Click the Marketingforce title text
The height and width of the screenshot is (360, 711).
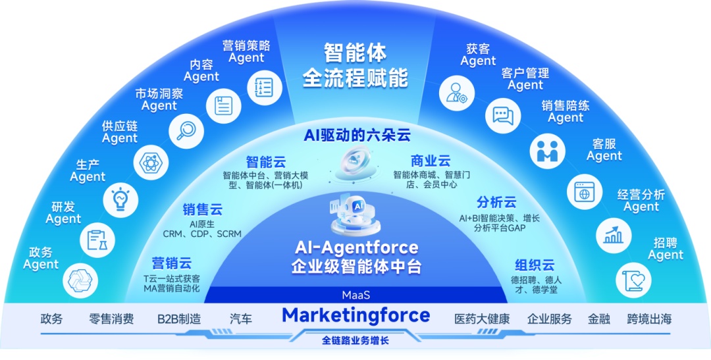pos(355,315)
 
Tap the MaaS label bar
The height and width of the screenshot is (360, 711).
pos(355,295)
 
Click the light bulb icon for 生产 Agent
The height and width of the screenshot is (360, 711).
pos(120,198)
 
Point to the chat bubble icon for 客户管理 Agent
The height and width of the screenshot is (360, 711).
pos(502,115)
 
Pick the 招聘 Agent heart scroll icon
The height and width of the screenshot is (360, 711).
pos(631,280)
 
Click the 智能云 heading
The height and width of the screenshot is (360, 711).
pos(265,162)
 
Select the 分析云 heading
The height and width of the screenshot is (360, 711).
pos(496,202)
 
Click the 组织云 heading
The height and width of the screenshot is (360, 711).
pos(534,265)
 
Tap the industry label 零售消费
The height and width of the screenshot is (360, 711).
pos(111,319)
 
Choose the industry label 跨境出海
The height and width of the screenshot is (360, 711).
pos(649,319)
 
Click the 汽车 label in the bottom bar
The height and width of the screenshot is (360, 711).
pos(241,319)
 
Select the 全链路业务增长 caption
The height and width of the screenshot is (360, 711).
pos(355,341)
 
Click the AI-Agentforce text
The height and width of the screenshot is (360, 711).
pos(355,247)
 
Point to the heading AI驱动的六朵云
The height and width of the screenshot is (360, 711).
pos(357,136)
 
